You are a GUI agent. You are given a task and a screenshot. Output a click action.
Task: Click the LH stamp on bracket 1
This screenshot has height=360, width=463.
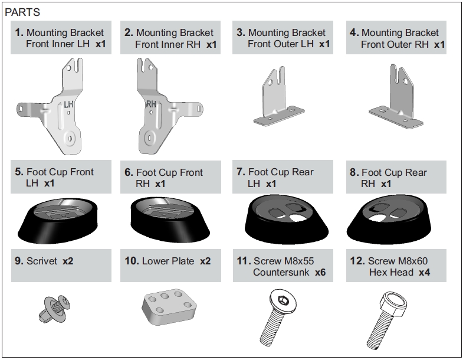pos(69,104)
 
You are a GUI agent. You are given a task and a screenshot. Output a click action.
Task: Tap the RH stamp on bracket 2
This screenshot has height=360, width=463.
pos(151,105)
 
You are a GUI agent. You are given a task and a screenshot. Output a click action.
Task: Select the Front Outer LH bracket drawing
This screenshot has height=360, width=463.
pos(279,103)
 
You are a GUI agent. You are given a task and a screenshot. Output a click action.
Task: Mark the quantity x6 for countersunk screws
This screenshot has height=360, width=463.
pos(320,272)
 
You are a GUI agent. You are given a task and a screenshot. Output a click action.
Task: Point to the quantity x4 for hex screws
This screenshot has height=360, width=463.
pos(425,272)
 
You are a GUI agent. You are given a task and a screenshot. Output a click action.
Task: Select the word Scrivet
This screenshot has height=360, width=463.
pos(42,261)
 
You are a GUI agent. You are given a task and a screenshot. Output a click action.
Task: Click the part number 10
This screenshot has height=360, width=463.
pos(130,261)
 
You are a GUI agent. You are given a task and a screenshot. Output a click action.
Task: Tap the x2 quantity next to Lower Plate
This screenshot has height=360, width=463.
pos(205,261)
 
